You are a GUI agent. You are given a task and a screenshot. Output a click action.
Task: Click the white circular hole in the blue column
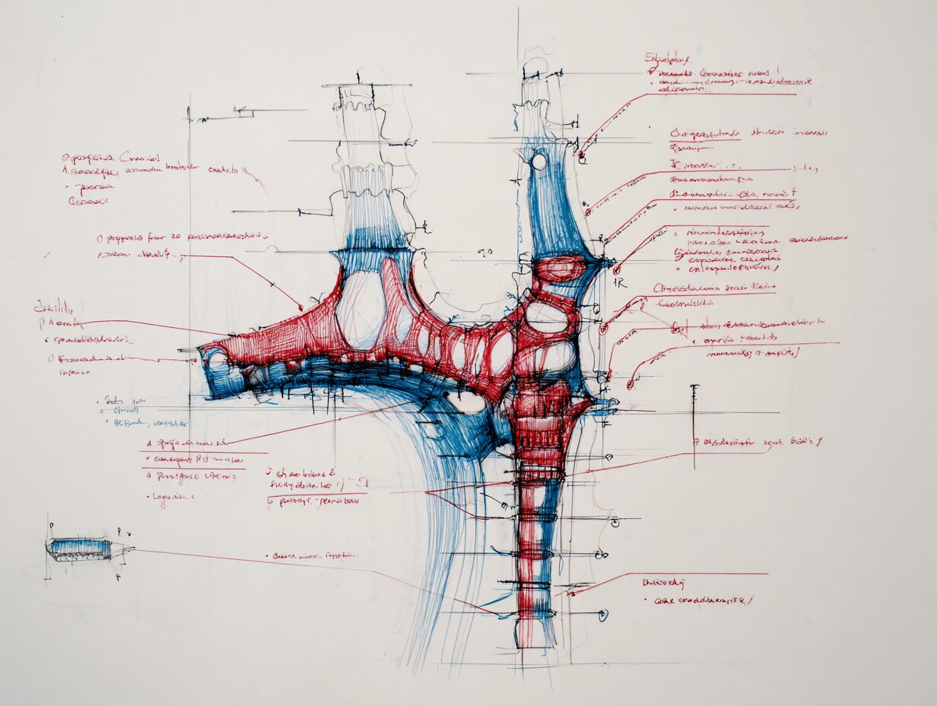538,161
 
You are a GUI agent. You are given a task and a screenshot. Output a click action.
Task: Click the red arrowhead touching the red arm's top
301,307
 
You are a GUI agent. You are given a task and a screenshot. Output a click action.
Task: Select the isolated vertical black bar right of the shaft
694,426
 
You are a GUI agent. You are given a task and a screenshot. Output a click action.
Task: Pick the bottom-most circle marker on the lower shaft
603,615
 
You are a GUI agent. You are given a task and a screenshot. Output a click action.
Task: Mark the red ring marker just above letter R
616,269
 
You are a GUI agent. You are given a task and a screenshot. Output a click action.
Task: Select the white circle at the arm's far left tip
216,358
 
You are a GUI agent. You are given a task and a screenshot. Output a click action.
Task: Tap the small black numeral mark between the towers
484,251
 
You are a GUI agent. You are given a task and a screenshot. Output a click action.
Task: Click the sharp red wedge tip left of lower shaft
428,493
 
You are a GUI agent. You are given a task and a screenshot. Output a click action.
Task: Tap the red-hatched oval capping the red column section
559,269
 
